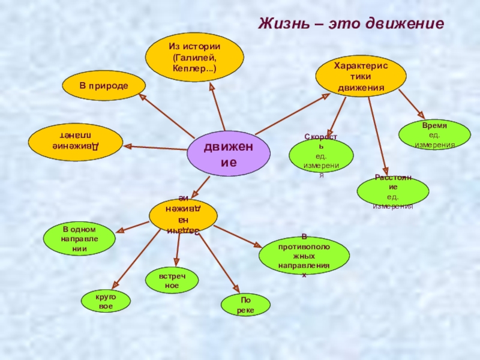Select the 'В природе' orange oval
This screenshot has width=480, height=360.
pyautogui.click(x=104, y=86)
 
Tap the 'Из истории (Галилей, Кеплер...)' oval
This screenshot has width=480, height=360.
pyautogui.click(x=194, y=58)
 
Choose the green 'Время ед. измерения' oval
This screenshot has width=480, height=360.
pyautogui.click(x=434, y=134)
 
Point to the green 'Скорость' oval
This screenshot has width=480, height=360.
pyautogui.click(x=321, y=156)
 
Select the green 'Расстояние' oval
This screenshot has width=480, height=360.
pyautogui.click(x=392, y=191)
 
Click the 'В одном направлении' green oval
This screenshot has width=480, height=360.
pyautogui.click(x=79, y=239)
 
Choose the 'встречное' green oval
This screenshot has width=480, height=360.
pyautogui.click(x=172, y=281)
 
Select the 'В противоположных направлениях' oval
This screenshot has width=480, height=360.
pyautogui.click(x=304, y=255)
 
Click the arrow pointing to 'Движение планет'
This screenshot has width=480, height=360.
pyautogui.click(x=156, y=148)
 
